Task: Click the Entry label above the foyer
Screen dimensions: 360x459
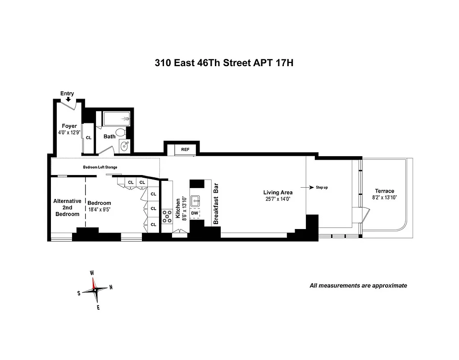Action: [67, 94]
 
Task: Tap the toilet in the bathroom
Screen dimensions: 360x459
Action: [120, 132]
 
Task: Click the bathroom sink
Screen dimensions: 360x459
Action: [125, 146]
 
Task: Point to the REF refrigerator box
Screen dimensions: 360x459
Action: [185, 149]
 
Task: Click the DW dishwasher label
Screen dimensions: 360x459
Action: [195, 213]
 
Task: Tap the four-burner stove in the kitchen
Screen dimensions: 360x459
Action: [168, 216]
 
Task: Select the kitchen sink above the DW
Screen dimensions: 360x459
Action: [195, 201]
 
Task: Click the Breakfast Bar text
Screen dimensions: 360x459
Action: [216, 204]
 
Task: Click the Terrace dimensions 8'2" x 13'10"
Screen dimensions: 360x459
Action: [384, 198]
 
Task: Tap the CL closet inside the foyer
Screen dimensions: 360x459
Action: [88, 138]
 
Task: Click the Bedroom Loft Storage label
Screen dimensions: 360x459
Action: [100, 167]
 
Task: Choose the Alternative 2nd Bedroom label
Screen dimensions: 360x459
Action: [67, 207]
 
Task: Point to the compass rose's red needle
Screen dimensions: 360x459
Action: [94, 283]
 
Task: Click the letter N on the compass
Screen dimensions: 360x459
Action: [111, 288]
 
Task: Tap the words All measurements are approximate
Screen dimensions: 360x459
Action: [358, 285]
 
